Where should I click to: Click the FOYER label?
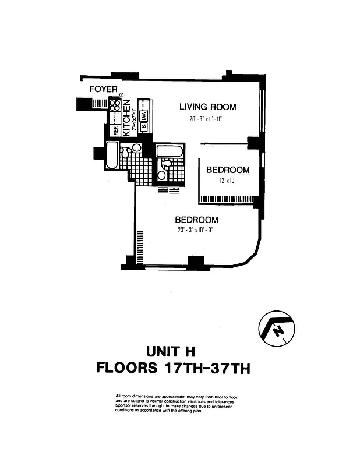click(104, 89)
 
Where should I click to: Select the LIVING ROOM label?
click(207, 107)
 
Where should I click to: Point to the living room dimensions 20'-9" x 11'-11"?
click(202, 119)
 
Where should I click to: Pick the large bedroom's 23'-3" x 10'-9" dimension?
click(197, 230)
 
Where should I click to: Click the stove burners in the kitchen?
click(114, 105)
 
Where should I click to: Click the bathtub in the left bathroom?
click(112, 156)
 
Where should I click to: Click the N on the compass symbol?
click(279, 331)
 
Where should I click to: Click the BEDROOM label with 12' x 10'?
click(228, 170)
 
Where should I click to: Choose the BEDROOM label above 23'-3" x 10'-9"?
click(197, 220)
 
